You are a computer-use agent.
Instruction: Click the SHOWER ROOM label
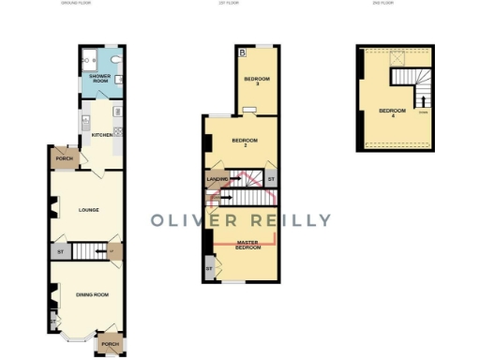(99, 79)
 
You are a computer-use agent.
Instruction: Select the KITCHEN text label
(101, 135)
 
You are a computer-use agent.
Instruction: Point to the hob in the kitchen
(118, 113)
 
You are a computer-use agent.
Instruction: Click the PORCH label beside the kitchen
(65, 158)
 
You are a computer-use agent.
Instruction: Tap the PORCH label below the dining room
(112, 344)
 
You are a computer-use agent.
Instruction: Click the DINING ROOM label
(92, 294)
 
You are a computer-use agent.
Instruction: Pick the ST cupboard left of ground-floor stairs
(59, 250)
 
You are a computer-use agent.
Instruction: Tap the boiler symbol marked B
(241, 52)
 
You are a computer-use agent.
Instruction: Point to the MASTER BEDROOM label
(247, 245)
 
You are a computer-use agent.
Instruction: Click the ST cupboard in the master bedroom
(209, 270)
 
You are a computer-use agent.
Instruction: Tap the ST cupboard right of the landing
(271, 177)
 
